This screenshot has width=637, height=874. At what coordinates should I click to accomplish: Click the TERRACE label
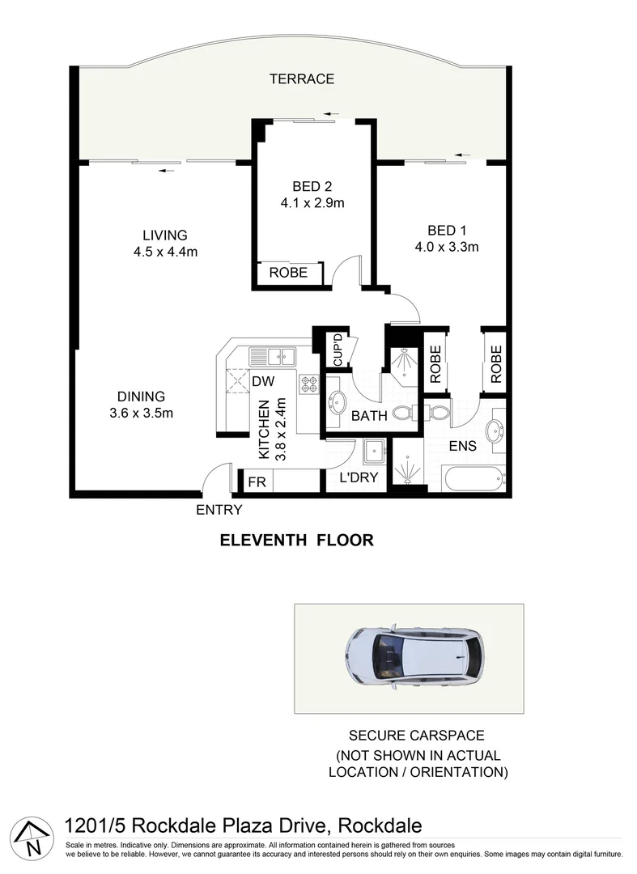302,78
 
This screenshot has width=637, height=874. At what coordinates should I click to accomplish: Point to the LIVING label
165,235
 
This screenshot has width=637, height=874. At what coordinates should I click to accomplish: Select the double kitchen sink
273,355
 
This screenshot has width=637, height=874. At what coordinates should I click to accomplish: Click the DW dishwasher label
261,380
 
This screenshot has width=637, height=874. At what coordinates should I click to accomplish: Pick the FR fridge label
257,482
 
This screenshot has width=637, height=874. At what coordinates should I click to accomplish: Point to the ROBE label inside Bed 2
288,273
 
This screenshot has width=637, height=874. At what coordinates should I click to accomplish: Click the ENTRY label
219,510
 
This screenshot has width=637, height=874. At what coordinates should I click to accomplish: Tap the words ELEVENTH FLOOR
297,541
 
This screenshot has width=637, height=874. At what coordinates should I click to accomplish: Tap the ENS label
463,446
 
